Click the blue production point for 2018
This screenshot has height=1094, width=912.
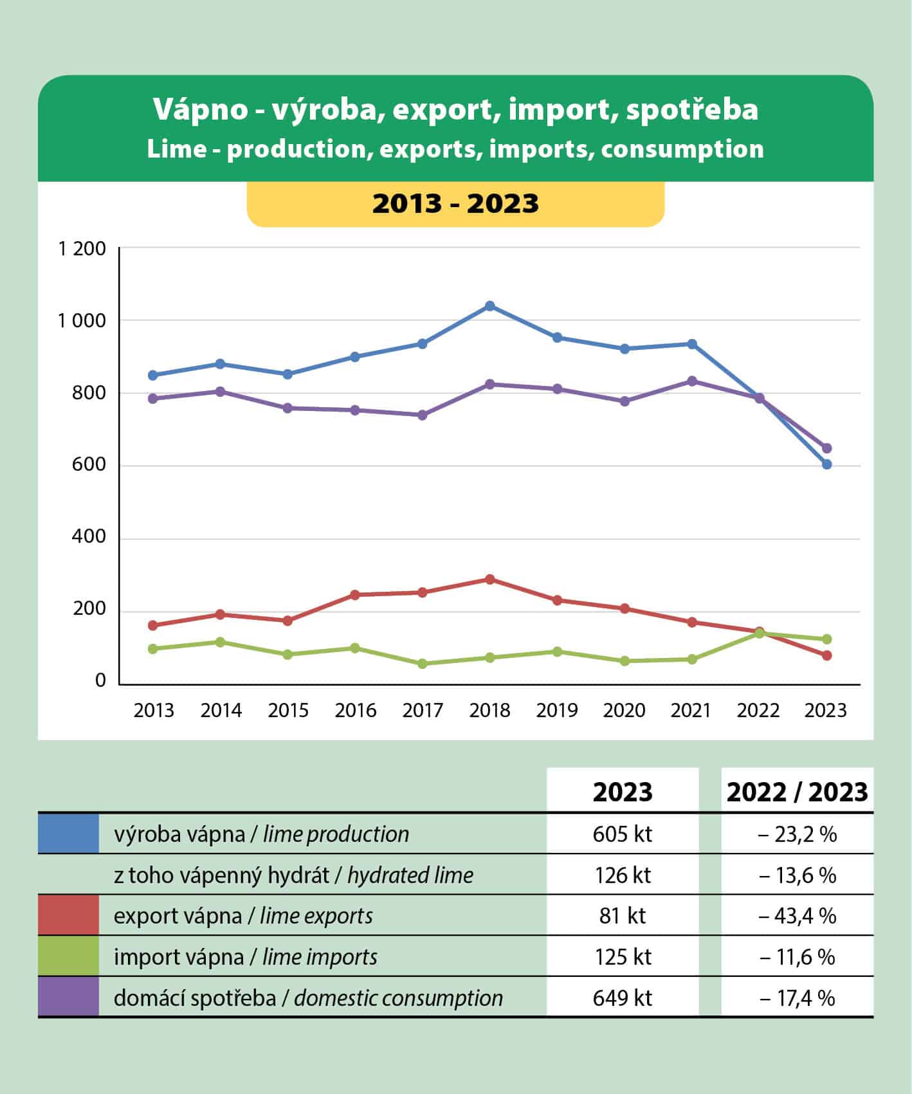tap(489, 306)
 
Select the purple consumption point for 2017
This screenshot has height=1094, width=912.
tap(423, 415)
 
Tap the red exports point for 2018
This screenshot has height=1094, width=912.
tap(489, 579)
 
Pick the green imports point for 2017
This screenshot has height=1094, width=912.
tap(423, 664)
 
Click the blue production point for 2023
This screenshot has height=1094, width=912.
tap(826, 464)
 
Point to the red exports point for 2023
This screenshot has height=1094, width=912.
tap(826, 655)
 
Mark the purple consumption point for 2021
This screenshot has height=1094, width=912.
tap(692, 381)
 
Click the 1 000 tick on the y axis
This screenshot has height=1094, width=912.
tap(82, 321)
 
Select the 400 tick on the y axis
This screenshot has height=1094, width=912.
tap(89, 537)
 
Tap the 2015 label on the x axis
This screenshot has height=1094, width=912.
tap(288, 711)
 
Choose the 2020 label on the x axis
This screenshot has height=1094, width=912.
tap(624, 711)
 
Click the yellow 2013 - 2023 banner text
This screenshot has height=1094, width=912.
tap(455, 204)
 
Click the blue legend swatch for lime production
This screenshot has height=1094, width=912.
tap(68, 834)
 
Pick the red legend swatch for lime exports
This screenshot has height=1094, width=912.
tap(68, 915)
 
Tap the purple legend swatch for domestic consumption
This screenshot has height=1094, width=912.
tap(68, 997)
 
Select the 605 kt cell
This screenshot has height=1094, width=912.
tap(622, 834)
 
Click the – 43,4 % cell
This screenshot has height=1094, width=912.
tap(797, 916)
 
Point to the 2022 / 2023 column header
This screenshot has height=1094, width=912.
tap(797, 792)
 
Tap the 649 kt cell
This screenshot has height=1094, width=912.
tap(622, 998)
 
